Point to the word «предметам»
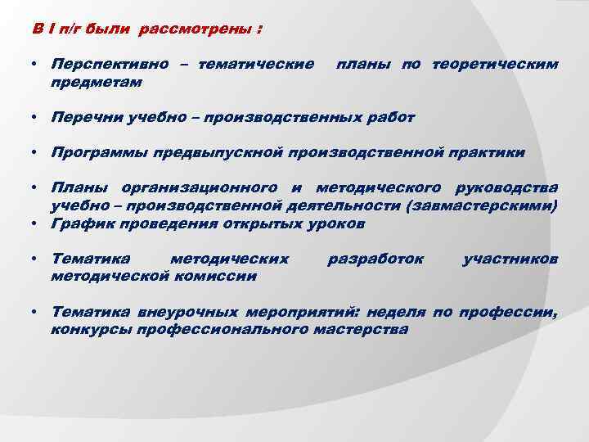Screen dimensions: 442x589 click(96, 82)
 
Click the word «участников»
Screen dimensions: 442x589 click(510, 259)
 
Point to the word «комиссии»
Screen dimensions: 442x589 click(218, 276)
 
